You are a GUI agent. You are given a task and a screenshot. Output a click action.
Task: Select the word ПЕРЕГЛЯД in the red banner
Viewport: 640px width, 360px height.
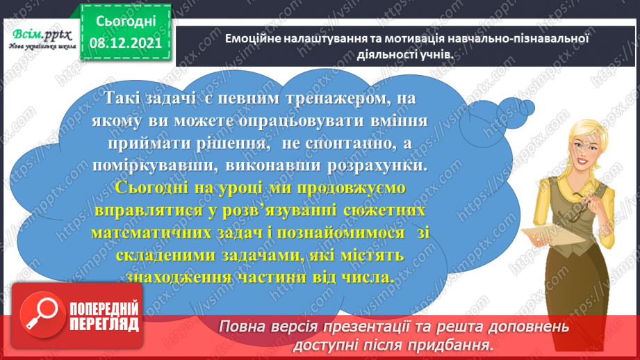(105, 324)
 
